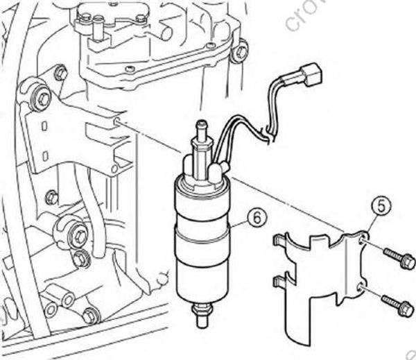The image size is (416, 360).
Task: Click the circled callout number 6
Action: coord(256,216)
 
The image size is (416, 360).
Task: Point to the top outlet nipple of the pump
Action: coord(202,128)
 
